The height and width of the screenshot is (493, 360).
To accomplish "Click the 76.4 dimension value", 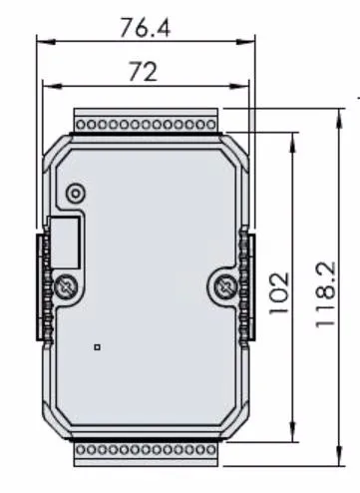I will point(145,28).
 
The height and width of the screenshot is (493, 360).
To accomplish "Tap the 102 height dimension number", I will point(280,292).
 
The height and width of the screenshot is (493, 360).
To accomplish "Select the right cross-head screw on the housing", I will point(227,288).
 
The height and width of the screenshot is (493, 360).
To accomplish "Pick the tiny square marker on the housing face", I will point(97,347).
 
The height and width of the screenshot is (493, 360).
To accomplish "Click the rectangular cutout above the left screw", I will point(66,241).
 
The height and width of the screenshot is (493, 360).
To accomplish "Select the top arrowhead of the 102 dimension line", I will point(293,140).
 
